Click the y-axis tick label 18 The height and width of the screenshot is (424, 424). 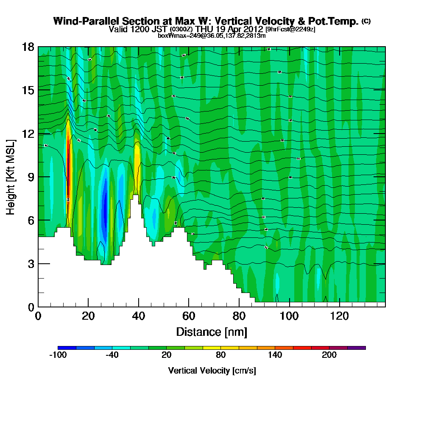coord(28,47)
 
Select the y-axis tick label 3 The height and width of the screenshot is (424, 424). coord(30,264)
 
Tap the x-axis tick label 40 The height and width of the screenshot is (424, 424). coord(139,316)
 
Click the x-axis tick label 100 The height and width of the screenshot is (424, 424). coord(290,316)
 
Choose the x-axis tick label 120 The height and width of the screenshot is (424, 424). coord(340,316)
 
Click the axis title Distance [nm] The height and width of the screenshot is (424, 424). coord(212,332)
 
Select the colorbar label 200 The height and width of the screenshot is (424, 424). coord(329,355)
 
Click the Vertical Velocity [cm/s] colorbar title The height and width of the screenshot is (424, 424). coord(212,371)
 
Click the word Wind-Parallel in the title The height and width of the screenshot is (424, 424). coord(80,21)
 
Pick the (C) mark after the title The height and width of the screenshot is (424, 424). coord(366,21)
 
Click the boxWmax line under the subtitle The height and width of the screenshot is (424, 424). coord(212,36)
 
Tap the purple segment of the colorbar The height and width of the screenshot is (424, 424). coord(356,348)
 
